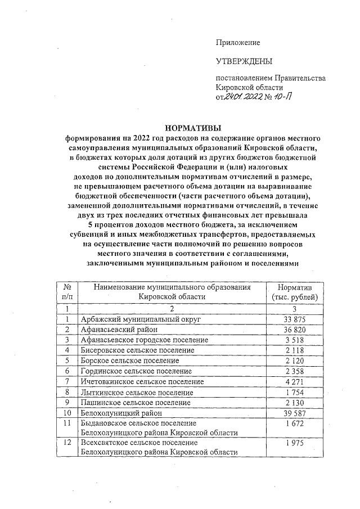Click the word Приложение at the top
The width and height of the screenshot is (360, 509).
point(238,43)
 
